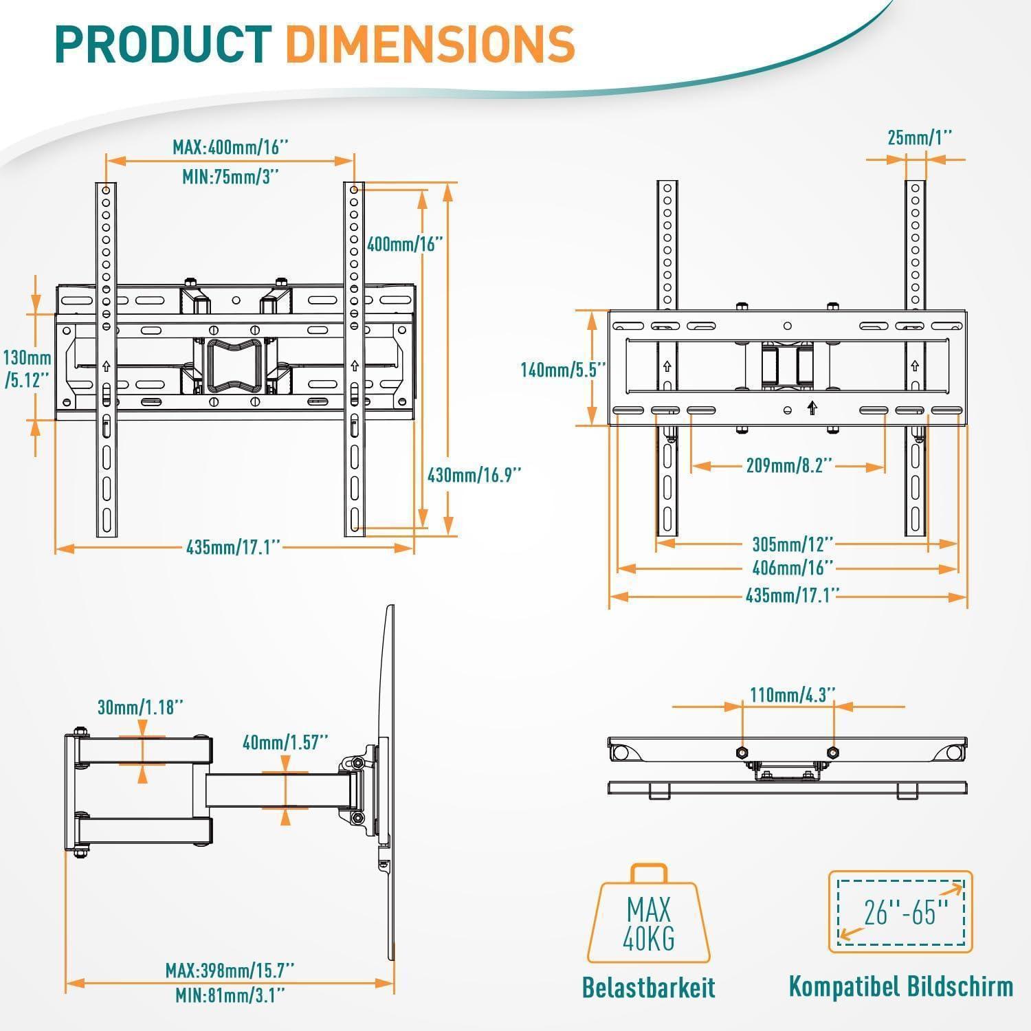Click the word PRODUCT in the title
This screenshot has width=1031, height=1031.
click(x=164, y=44)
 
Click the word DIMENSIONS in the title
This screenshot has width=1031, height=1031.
click(x=430, y=44)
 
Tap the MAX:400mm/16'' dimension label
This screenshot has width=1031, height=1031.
click(x=230, y=147)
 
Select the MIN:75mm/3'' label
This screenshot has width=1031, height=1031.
click(x=230, y=177)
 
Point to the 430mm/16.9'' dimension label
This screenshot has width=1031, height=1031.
click(x=474, y=474)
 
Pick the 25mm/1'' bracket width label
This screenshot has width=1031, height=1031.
click(x=920, y=137)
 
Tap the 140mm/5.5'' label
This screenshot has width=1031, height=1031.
click(x=563, y=370)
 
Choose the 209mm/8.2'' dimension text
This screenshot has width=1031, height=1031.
click(x=789, y=466)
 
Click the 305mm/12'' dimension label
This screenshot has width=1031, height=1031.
click(x=792, y=544)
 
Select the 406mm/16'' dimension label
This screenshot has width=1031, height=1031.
click(x=792, y=568)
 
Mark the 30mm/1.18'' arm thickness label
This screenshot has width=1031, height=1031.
click(x=140, y=707)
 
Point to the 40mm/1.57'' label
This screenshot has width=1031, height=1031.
click(x=285, y=742)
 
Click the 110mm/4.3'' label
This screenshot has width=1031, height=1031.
click(x=792, y=694)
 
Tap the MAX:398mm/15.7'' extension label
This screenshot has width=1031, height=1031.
click(x=230, y=971)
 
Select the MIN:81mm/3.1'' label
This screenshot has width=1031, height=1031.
click(x=230, y=995)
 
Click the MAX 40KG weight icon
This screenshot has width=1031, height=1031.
click(x=648, y=917)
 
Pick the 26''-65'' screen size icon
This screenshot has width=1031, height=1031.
click(x=900, y=912)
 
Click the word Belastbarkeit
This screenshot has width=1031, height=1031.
click(x=648, y=987)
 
